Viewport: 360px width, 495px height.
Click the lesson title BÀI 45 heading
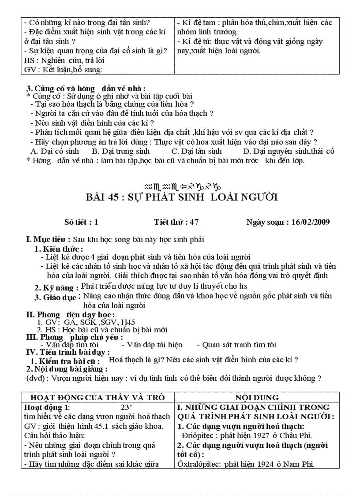click(181, 197)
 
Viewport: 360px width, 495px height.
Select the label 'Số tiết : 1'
click(78, 222)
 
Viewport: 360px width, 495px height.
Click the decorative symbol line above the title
click(182, 186)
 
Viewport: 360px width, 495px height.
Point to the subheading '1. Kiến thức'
click(59, 249)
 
